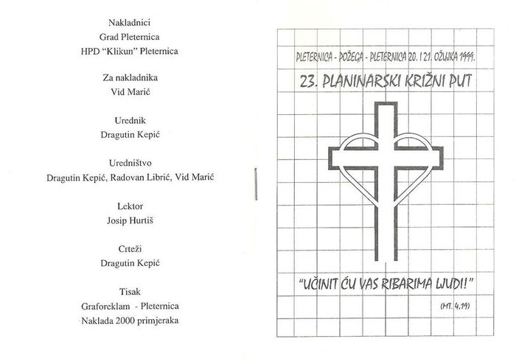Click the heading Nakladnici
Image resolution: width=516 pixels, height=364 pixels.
129,23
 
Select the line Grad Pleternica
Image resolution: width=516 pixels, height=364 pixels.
129,37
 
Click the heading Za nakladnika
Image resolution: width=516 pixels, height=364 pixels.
130,77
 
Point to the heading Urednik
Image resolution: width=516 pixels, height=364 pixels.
130,120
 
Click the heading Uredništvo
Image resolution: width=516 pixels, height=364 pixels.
130,163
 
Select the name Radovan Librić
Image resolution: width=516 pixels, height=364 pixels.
142,178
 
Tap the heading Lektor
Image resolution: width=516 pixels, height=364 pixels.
130,206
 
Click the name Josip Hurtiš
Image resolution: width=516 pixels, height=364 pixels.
130,220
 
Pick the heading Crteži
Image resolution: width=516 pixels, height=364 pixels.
130,249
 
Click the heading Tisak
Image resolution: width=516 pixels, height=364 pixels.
130,292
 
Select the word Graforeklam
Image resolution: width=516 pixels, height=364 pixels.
105,306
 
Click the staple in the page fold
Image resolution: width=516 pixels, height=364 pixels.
255,183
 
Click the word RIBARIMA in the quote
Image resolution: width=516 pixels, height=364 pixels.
411,284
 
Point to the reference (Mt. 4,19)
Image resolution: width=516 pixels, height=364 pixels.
455,306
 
